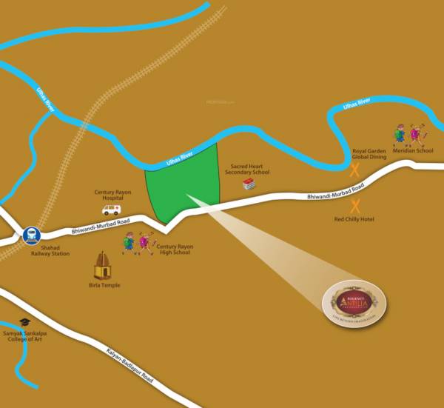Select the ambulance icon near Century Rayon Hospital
tap(112, 210)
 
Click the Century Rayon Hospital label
tap(112, 195)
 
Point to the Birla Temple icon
tap(102, 265)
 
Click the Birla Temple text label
tap(102, 285)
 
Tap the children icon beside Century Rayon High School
tap(138, 243)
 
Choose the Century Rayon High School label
tap(174, 250)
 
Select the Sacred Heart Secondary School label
tap(247, 170)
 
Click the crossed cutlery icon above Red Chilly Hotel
tap(355, 206)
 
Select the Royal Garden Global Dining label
tap(369, 154)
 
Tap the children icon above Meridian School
tap(410, 133)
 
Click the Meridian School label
tap(413, 151)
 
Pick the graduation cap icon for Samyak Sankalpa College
tap(24, 323)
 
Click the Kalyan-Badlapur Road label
tap(130, 360)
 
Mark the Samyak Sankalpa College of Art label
tap(26, 337)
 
